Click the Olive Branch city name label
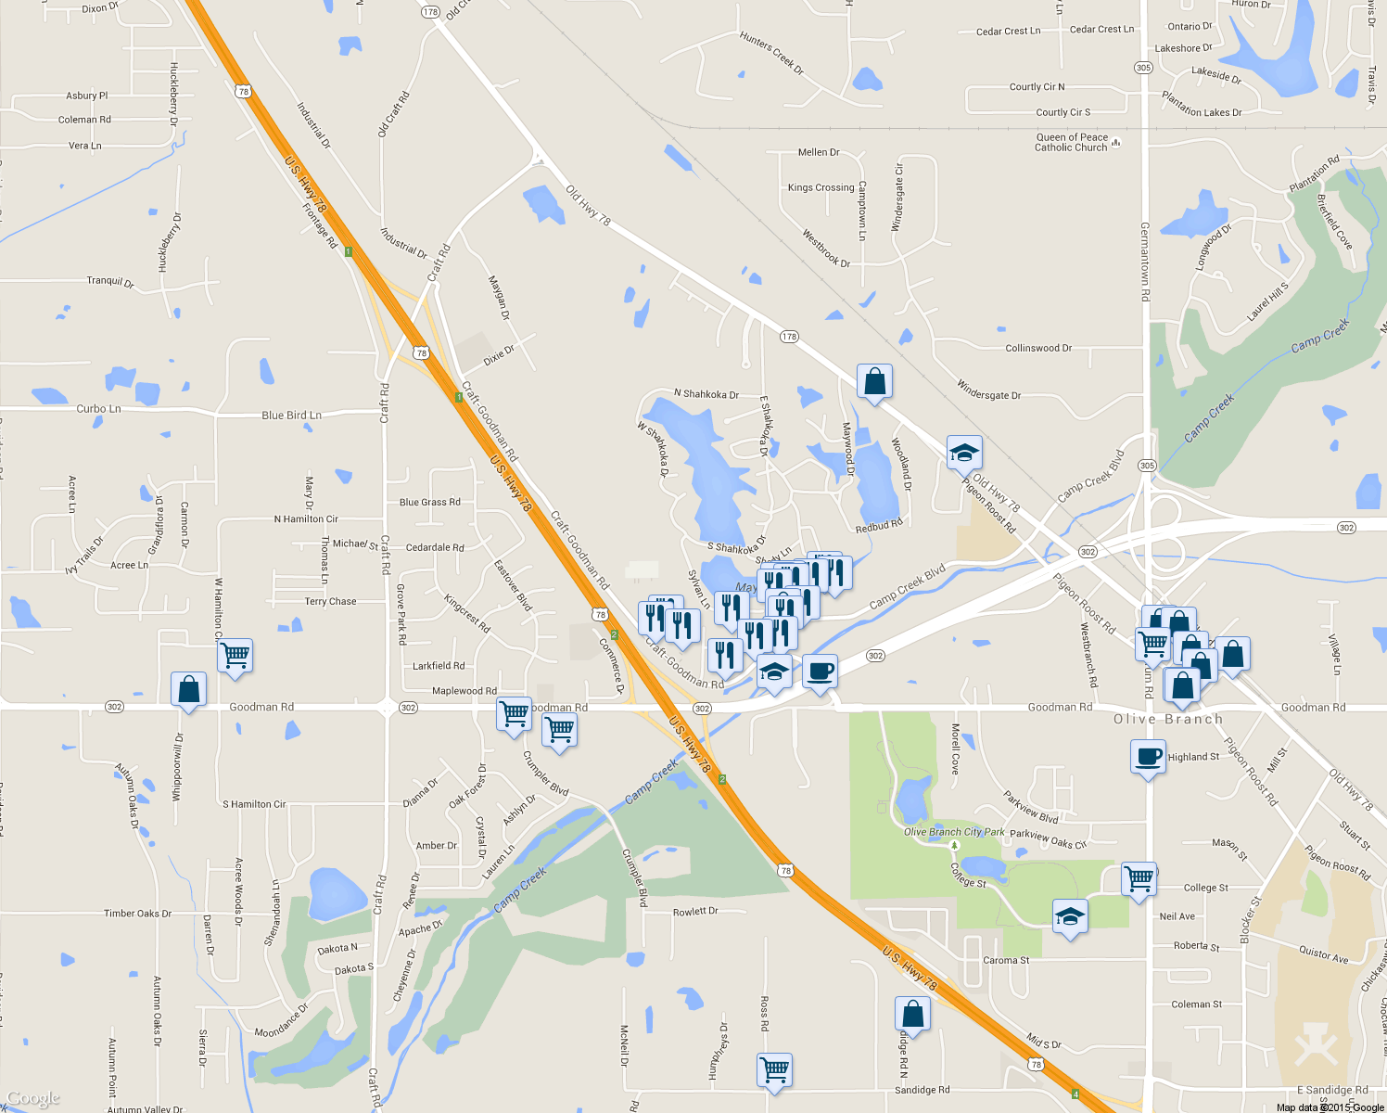tap(1167, 720)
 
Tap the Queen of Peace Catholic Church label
tap(1072, 142)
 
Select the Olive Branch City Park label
tap(954, 832)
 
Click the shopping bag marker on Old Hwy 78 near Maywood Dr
tap(874, 381)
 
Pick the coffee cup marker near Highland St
tap(1148, 757)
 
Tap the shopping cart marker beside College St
tap(1139, 877)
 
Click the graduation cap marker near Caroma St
tap(1070, 917)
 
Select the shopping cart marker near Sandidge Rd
tap(774, 1069)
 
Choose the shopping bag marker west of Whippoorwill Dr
tap(188, 690)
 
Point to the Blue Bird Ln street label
tap(291, 416)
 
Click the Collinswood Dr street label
tap(1038, 349)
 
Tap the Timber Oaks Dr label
tap(137, 914)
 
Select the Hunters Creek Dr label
tap(771, 53)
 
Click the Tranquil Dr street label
tap(110, 281)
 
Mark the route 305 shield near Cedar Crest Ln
tap(1143, 68)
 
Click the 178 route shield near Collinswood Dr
tap(789, 337)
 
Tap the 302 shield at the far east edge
tap(1346, 528)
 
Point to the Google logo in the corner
tap(33, 1098)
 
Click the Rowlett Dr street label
tap(695, 912)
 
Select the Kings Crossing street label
tap(821, 187)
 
